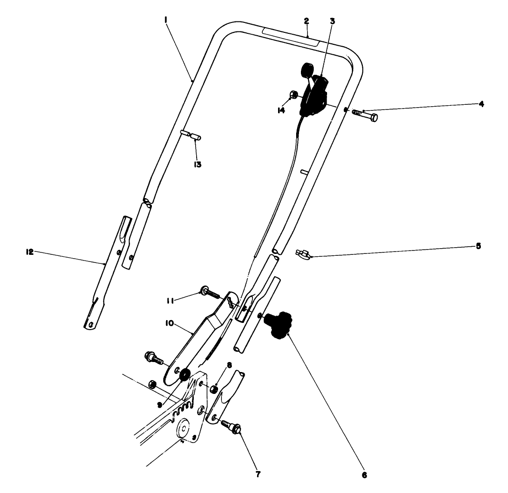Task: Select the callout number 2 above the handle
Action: click(x=306, y=21)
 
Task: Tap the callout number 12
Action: click(x=30, y=252)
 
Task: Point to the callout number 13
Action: click(x=197, y=164)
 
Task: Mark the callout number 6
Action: click(x=364, y=474)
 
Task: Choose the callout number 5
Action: click(x=478, y=246)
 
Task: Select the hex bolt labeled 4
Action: click(x=365, y=115)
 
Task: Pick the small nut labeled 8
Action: click(x=215, y=390)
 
